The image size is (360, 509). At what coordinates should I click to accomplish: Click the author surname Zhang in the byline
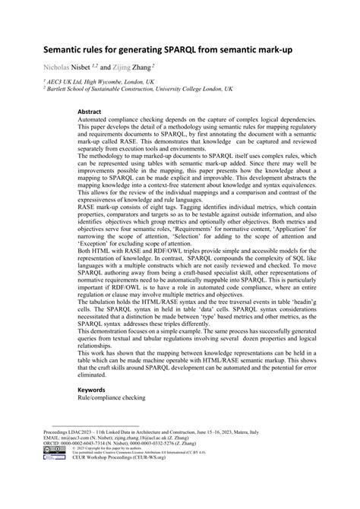click(x=148, y=67)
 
